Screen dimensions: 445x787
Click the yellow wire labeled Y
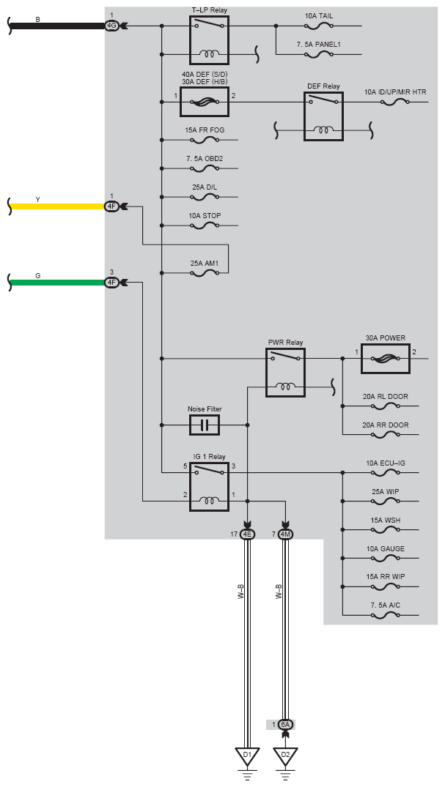[x=57, y=206]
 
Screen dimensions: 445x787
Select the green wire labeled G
[x=57, y=283]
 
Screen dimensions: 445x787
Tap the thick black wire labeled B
[x=57, y=26]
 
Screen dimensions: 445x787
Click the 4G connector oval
[x=111, y=26]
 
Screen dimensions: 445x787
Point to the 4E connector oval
[x=247, y=534]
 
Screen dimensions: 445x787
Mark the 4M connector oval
[x=285, y=534]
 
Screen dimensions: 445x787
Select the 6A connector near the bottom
[x=285, y=725]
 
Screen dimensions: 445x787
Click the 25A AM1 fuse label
[x=204, y=263]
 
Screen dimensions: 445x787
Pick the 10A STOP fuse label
[x=205, y=216]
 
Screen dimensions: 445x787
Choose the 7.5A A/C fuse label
[x=386, y=605]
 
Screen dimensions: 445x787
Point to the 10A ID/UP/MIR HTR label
[x=395, y=92]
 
